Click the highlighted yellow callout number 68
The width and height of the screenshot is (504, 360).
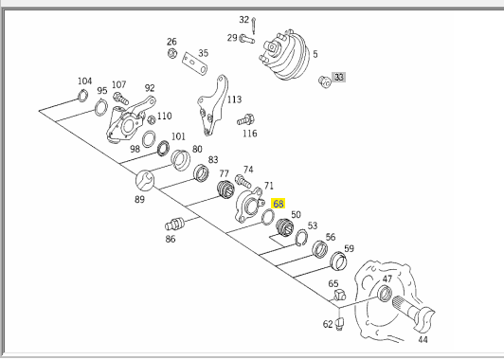click(x=278, y=204)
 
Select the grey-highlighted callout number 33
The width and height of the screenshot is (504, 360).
click(x=339, y=77)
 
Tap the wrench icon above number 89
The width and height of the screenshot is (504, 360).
click(x=145, y=180)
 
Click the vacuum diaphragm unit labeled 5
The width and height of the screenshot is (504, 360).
click(x=284, y=56)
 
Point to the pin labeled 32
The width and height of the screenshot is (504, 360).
click(x=254, y=26)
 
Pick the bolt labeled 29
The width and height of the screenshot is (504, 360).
click(x=247, y=39)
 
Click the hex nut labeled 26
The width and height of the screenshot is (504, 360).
click(x=172, y=53)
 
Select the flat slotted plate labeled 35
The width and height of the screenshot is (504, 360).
click(x=194, y=64)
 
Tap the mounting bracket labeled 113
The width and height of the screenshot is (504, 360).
click(x=212, y=105)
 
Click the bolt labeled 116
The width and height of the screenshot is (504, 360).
click(x=246, y=120)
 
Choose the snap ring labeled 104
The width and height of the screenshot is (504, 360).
click(x=83, y=96)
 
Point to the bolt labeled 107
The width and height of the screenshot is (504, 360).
click(x=121, y=99)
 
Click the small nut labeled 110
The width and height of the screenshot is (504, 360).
click(x=151, y=120)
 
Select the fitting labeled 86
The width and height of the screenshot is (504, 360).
click(x=174, y=224)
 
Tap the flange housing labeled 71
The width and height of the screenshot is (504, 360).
click(x=249, y=205)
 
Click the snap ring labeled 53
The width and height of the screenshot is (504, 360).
click(x=301, y=238)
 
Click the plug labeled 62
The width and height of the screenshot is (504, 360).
click(x=339, y=323)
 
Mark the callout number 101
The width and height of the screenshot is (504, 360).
click(x=178, y=136)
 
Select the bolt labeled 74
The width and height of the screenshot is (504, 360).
click(x=243, y=181)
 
